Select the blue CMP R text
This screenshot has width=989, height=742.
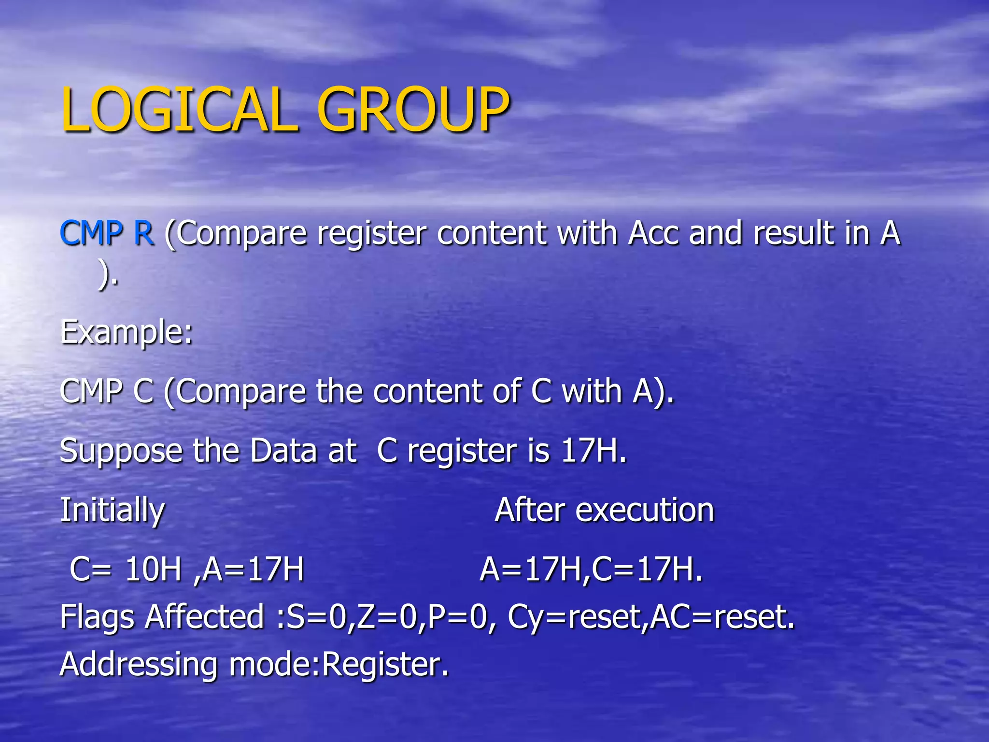[107, 233]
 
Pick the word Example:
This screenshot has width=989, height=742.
[126, 332]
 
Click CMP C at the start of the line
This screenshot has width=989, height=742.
[107, 391]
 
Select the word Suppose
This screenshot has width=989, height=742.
[121, 451]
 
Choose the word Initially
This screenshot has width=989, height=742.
[112, 511]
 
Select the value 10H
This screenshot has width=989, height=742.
[153, 569]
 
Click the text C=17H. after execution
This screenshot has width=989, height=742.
[648, 569]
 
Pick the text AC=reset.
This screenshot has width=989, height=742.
[722, 617]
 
